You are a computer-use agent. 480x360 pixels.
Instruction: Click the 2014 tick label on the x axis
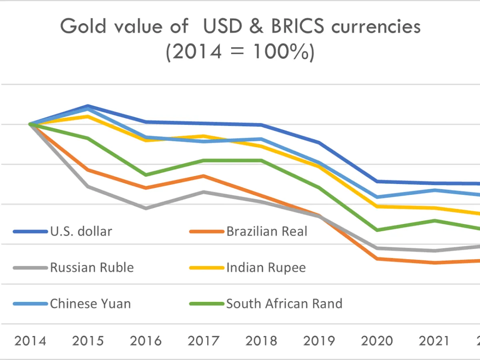coord(30,341)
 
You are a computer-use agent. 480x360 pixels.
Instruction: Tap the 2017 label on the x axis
coord(204,341)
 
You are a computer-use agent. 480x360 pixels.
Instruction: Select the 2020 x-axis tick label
coord(377,341)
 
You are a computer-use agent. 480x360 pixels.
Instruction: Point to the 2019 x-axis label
coord(319,341)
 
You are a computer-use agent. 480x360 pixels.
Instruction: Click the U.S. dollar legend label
coord(81,231)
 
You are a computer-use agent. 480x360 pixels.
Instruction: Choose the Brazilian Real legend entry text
coord(267,231)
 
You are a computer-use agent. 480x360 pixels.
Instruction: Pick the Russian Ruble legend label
coord(92,267)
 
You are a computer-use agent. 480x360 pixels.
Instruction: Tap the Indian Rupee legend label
coord(266,267)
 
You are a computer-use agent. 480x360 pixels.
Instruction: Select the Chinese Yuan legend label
coord(90,304)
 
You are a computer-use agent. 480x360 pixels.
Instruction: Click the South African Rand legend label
coord(284,304)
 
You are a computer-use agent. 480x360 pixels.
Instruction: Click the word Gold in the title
coord(84,27)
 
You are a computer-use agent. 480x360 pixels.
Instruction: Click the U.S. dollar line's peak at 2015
coord(88,106)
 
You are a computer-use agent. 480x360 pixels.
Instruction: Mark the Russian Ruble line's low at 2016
coord(146,208)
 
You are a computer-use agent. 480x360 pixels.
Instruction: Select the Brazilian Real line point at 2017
coord(204,176)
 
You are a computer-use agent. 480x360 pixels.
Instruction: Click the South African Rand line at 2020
coord(377,230)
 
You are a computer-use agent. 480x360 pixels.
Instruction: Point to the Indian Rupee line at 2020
coord(377,206)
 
